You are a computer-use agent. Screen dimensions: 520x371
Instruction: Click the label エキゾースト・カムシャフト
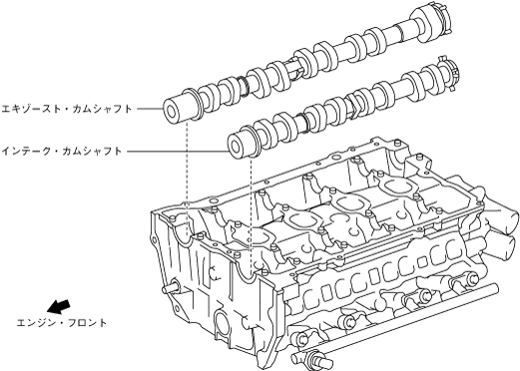[x=67, y=109]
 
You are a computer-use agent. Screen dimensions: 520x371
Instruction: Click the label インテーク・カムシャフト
[x=62, y=152]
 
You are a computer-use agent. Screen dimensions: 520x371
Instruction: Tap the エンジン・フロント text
[x=62, y=322]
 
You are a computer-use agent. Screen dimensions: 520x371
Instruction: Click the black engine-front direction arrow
[x=59, y=306]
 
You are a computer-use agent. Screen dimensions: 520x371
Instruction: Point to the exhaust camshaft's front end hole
[x=172, y=112]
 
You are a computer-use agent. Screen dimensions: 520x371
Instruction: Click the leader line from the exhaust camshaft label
[x=150, y=109]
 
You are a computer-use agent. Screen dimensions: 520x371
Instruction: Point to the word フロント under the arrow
[x=88, y=322]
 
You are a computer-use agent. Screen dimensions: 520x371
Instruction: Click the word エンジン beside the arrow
[x=36, y=322]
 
